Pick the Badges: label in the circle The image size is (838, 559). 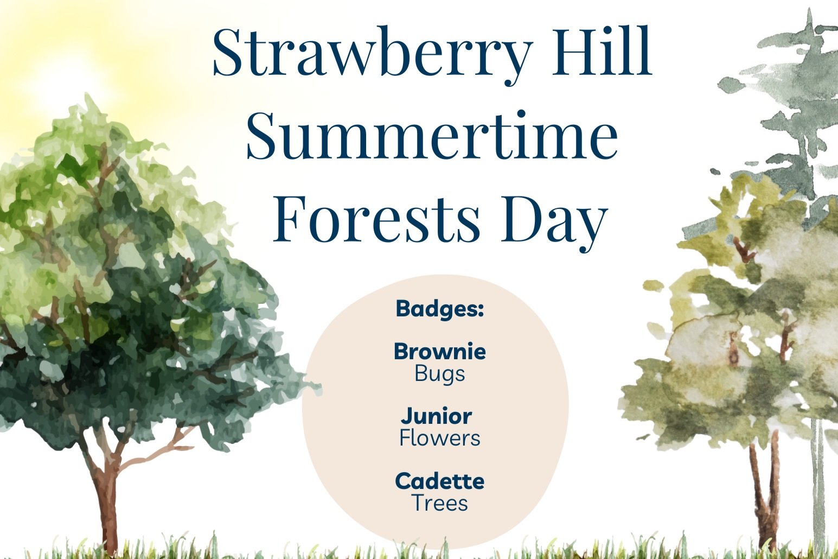pos(439,309)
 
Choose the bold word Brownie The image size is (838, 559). pos(439,352)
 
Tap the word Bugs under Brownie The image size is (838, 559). pos(439,374)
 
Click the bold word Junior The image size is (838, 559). pos(437,416)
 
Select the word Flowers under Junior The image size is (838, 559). pos(439,438)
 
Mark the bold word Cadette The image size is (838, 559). pos(439,481)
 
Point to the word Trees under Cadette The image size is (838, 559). pos(439,503)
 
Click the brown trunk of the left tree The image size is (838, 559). pos(108,499)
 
